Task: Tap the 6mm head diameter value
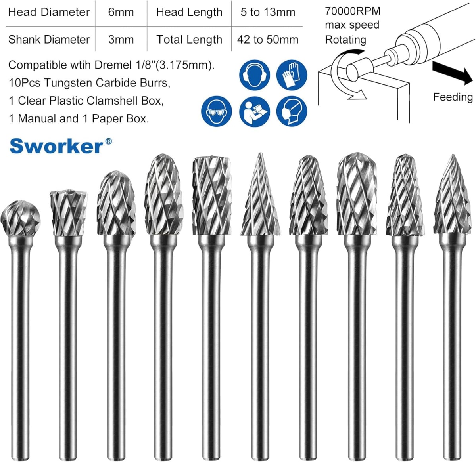pyautogui.click(x=121, y=12)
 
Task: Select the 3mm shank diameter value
pyautogui.click(x=121, y=40)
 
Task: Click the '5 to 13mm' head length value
pyautogui.click(x=268, y=12)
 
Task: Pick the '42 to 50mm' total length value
pyautogui.click(x=268, y=40)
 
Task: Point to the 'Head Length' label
pyautogui.click(x=189, y=12)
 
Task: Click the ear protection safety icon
pyautogui.click(x=254, y=74)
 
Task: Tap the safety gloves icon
pyautogui.click(x=292, y=74)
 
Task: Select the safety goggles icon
pyautogui.click(x=217, y=111)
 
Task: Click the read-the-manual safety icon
pyautogui.click(x=254, y=111)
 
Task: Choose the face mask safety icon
pyautogui.click(x=292, y=111)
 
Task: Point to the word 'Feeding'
pyautogui.click(x=453, y=97)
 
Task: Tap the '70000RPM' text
pyautogui.click(x=353, y=11)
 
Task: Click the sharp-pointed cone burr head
pyautogui.click(x=260, y=196)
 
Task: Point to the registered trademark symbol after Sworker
pyautogui.click(x=108, y=141)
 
